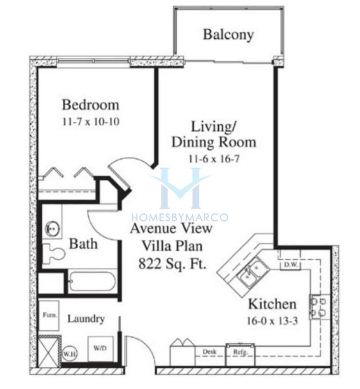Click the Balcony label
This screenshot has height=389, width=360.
228,35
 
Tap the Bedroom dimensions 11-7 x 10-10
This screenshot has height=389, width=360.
91,121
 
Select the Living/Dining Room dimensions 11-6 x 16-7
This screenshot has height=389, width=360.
214,158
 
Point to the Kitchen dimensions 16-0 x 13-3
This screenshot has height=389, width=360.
273,321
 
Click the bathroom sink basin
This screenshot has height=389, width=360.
52,228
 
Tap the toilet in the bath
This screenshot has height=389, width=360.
54,253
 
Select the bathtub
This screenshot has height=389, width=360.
91,281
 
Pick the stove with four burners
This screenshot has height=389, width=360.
319,307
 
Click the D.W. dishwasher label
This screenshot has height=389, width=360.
290,264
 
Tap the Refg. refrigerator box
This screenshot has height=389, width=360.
240,355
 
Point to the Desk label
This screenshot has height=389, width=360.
210,352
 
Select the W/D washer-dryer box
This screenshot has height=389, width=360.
101,349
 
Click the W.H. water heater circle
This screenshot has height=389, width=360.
70,354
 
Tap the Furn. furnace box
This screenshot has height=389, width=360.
49,316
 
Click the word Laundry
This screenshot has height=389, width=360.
86,319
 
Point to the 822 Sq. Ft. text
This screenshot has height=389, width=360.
173,264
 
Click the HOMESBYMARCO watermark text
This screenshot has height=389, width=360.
180,217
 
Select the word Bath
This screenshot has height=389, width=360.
83,244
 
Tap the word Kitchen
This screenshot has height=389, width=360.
273,304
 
